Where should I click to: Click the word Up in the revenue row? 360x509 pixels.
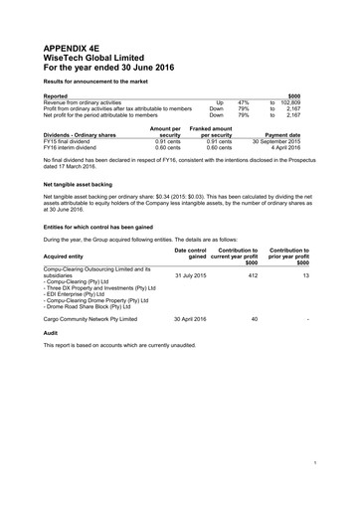click(x=219, y=102)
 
